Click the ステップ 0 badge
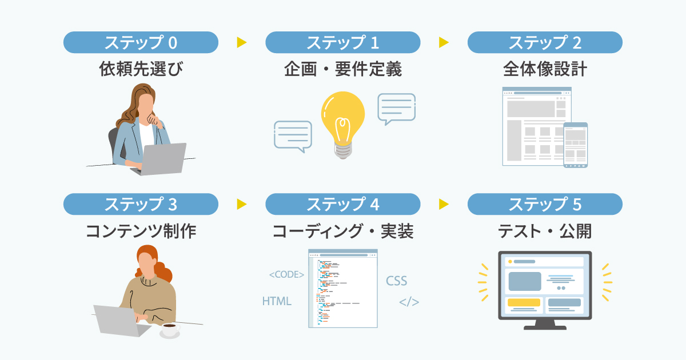tap(141, 42)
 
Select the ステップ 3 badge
tap(141, 204)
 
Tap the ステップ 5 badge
tap(545, 204)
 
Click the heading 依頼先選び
tap(141, 70)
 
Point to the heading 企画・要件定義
tap(343, 70)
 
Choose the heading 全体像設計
tap(545, 70)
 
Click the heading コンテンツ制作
tap(141, 231)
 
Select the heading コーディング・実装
tap(343, 231)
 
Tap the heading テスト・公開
tap(545, 231)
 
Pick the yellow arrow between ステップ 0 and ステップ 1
tap(241, 42)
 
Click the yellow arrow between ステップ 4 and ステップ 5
tap(444, 204)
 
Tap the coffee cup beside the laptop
tap(169, 329)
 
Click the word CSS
tap(396, 281)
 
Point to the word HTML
tap(277, 301)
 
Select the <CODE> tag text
tap(286, 275)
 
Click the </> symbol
tap(409, 302)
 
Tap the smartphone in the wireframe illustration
tap(575, 145)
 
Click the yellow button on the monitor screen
tap(524, 302)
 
